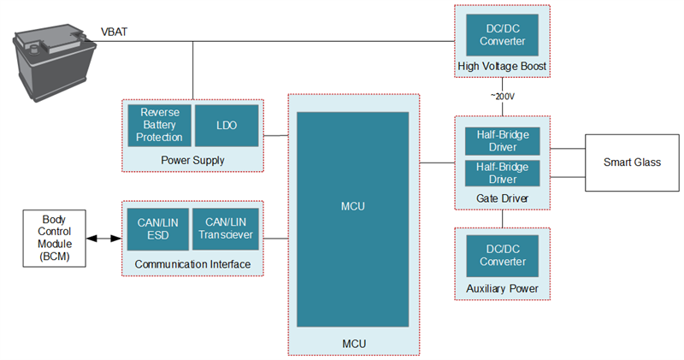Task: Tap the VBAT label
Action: click(115, 32)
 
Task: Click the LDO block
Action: click(227, 125)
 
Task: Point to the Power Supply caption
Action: click(192, 159)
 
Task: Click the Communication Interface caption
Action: click(192, 264)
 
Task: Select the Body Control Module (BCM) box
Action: click(54, 239)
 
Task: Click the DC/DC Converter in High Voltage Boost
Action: click(502, 35)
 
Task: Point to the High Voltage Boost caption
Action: click(502, 67)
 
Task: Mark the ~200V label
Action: click(502, 97)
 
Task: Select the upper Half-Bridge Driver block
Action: click(502, 141)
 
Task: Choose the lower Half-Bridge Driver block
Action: click(502, 174)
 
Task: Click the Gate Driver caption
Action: click(502, 198)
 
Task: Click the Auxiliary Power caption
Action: click(502, 289)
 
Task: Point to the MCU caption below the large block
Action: click(353, 344)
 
